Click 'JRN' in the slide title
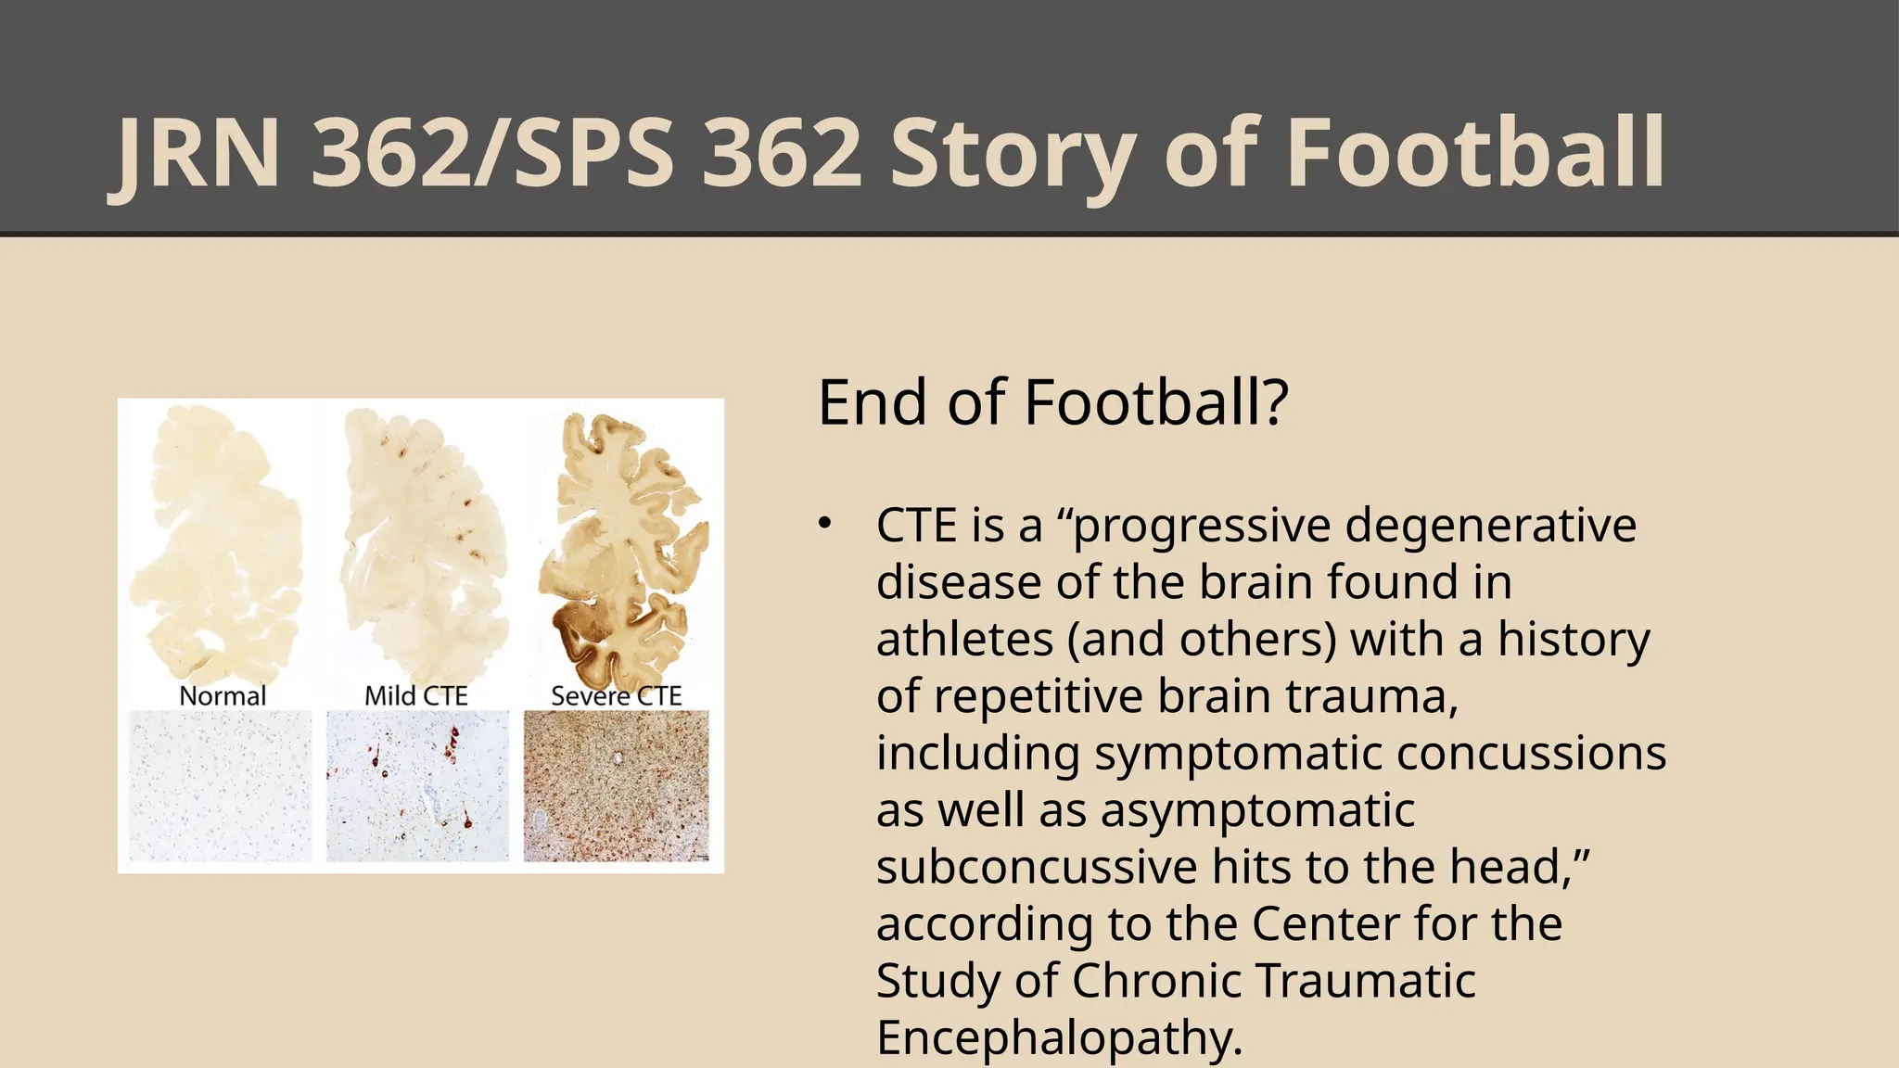[x=198, y=153]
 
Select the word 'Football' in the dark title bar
[x=1474, y=153]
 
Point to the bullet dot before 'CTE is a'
[x=825, y=524]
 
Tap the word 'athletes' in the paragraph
[x=964, y=640]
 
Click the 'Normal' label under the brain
[x=223, y=696]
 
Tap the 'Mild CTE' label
[x=416, y=696]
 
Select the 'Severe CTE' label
[x=616, y=696]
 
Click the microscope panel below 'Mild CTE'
[x=417, y=786]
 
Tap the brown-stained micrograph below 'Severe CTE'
[x=616, y=786]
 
